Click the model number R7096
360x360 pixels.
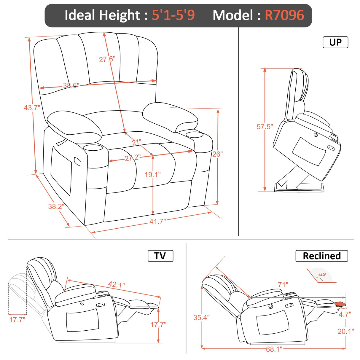click(x=284, y=15)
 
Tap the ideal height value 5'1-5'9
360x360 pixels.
click(x=173, y=15)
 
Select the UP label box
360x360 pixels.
click(x=335, y=42)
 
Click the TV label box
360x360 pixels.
click(x=160, y=256)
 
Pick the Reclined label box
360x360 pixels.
click(x=321, y=256)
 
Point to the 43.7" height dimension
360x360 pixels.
click(x=32, y=107)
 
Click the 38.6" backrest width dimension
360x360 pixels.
click(x=71, y=86)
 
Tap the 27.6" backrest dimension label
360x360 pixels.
click(x=107, y=59)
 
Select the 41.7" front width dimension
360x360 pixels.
click(x=157, y=221)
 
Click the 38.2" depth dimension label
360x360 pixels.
click(x=56, y=206)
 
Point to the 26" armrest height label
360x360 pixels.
click(x=217, y=154)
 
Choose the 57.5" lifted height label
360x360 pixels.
click(x=265, y=127)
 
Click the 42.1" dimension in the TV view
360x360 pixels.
click(x=116, y=285)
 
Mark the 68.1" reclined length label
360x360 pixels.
click(x=274, y=349)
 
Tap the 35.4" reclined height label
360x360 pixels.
click(x=201, y=318)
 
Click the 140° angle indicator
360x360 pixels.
click(x=322, y=275)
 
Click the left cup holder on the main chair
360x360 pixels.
click(x=93, y=147)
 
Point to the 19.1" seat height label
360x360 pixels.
click(x=152, y=175)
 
